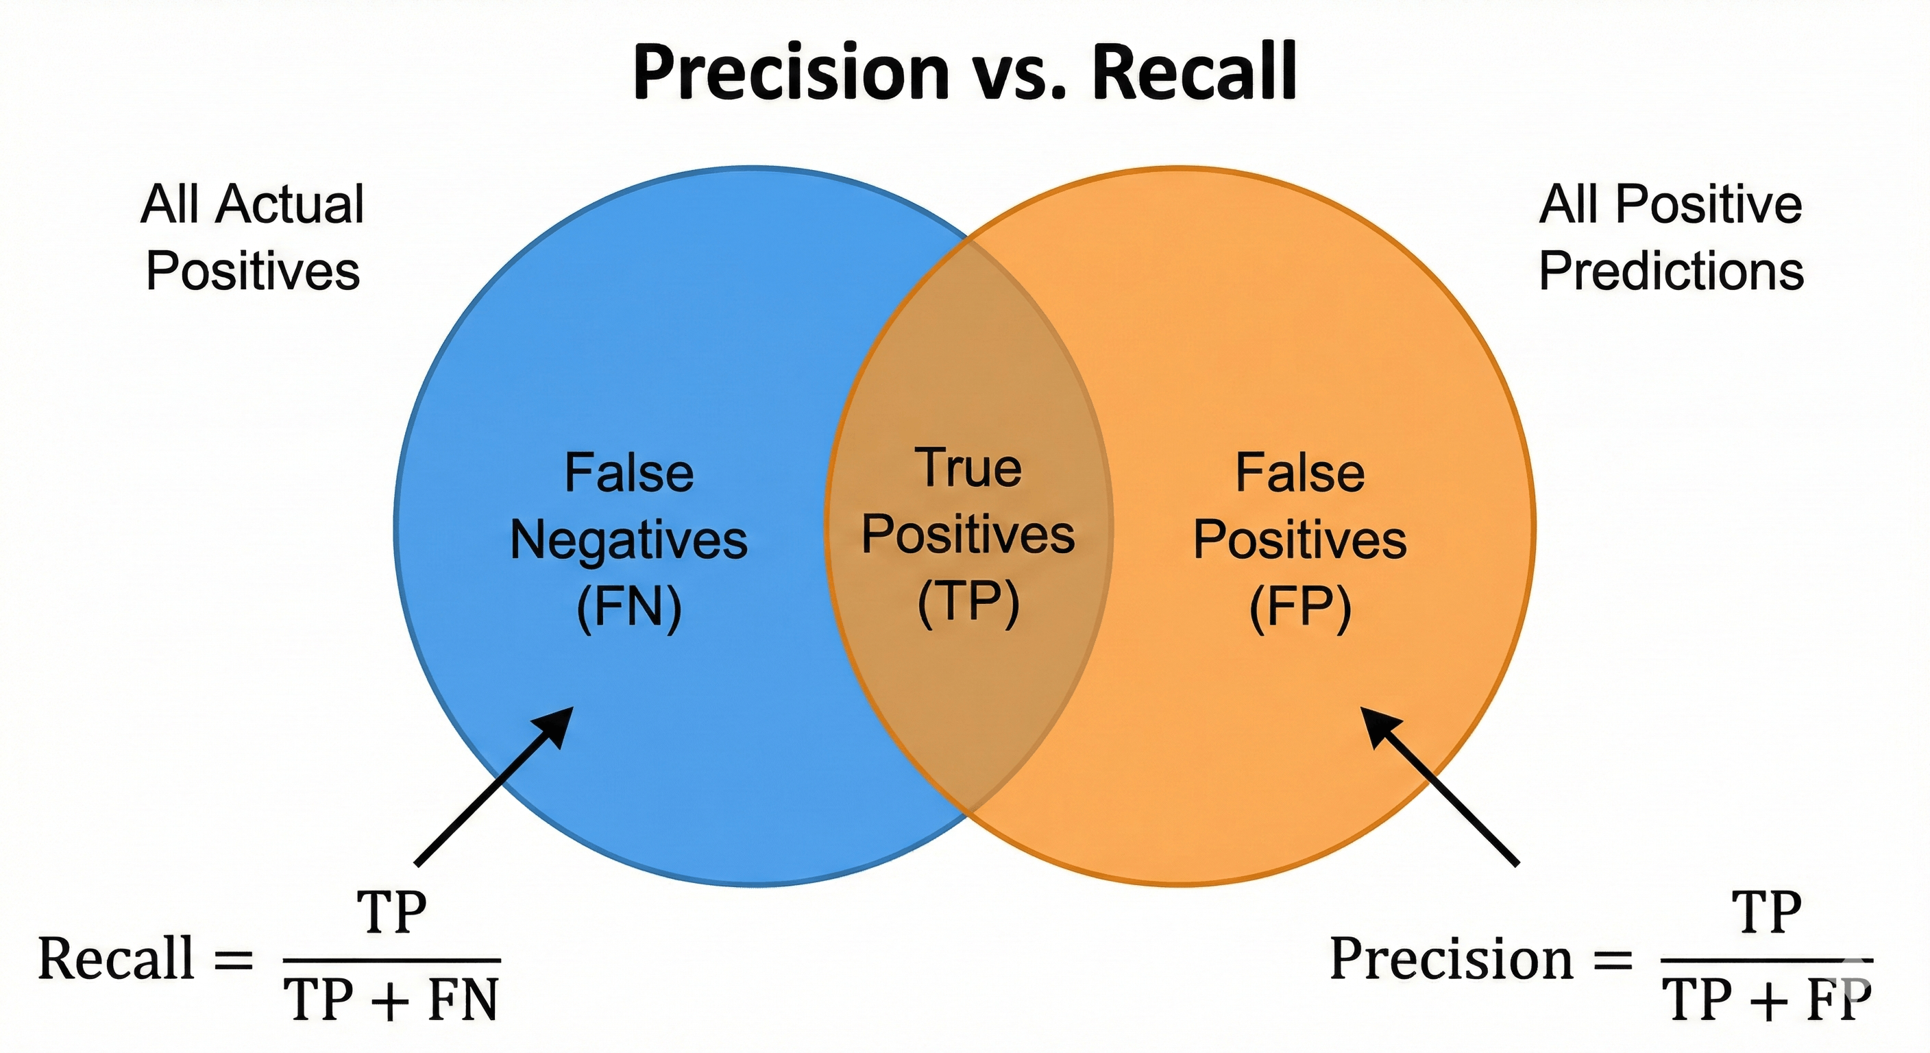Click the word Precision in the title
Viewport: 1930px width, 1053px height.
(x=791, y=73)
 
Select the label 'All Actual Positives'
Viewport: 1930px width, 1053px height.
(x=252, y=237)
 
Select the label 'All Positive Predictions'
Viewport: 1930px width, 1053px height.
(x=1671, y=237)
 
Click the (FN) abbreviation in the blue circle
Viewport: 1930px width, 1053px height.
(x=628, y=607)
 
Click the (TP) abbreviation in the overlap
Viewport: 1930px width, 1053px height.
(x=968, y=602)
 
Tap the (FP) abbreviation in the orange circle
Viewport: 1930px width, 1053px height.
(x=1300, y=607)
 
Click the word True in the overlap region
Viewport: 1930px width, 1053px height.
(x=968, y=468)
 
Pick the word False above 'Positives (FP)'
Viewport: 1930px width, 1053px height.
(x=1300, y=474)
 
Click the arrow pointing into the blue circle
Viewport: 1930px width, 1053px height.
(x=494, y=787)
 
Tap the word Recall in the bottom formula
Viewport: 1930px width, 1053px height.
(x=116, y=959)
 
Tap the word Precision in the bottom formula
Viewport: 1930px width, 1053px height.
(x=1451, y=959)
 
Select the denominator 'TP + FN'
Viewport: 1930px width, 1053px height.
(x=391, y=1000)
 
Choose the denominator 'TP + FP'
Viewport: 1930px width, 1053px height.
(x=1767, y=1000)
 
